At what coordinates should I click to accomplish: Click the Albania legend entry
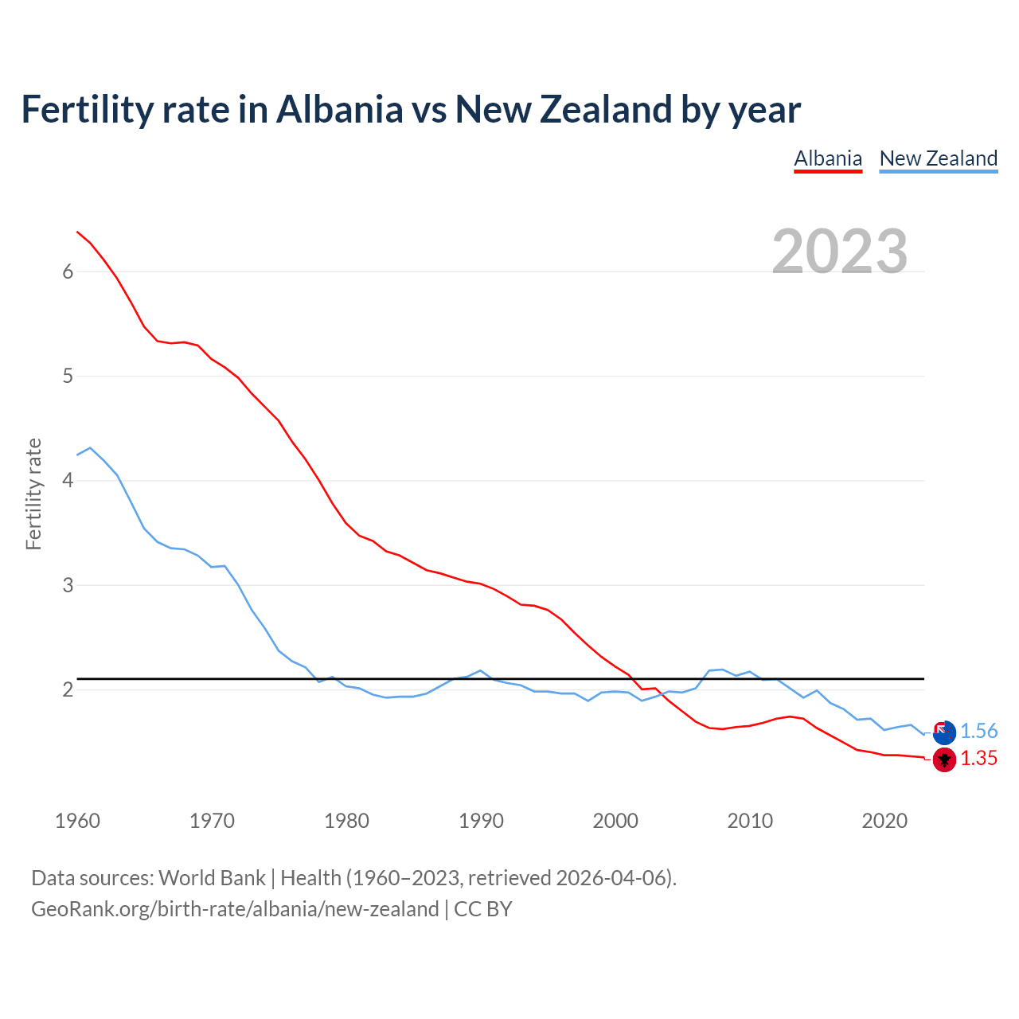tap(828, 158)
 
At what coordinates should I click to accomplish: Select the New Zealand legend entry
tap(938, 158)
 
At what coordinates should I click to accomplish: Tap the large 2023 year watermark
tap(840, 252)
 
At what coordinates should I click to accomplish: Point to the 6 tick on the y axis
tap(68, 271)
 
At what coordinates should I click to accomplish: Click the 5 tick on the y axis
tap(68, 376)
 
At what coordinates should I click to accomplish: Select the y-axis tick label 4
tap(68, 481)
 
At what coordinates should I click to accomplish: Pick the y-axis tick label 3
tap(68, 585)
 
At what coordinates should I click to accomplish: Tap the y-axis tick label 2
tap(68, 689)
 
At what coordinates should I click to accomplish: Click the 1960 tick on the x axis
tap(77, 821)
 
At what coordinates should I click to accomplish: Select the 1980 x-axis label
tap(346, 821)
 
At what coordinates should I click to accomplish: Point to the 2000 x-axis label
tap(615, 821)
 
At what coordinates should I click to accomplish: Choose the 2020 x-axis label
tap(884, 821)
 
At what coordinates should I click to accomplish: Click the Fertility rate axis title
tap(33, 494)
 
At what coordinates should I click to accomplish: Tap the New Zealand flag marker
tap(944, 732)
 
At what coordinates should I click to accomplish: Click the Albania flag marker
tap(944, 759)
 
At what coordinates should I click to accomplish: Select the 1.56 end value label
tap(978, 732)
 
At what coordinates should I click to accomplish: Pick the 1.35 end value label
tap(978, 759)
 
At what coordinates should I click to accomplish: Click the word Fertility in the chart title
tap(86, 110)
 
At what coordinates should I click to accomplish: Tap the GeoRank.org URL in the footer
tap(235, 909)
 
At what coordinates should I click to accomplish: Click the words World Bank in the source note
tap(212, 878)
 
